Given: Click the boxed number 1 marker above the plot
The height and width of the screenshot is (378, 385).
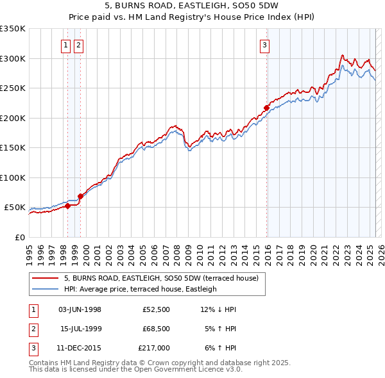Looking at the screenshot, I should [x=66, y=45].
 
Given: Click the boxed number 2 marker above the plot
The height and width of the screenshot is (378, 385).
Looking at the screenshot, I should [x=78, y=45].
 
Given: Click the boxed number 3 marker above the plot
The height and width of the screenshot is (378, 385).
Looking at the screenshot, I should [x=264, y=45].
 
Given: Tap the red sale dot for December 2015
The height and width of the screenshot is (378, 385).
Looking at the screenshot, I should [x=266, y=108].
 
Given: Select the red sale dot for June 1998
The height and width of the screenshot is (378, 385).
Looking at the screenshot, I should [x=67, y=206].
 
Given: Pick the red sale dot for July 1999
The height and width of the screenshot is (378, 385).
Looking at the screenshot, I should [x=80, y=196].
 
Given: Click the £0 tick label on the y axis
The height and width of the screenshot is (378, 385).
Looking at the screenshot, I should [x=19, y=237].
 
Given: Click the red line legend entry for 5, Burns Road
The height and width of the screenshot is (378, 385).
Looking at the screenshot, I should [x=160, y=278].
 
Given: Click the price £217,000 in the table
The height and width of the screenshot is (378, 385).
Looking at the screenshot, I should [x=153, y=348].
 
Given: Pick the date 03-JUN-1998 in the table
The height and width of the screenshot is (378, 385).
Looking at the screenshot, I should [x=80, y=309].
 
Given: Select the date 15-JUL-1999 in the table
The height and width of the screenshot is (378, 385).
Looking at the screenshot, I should [x=80, y=329].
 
